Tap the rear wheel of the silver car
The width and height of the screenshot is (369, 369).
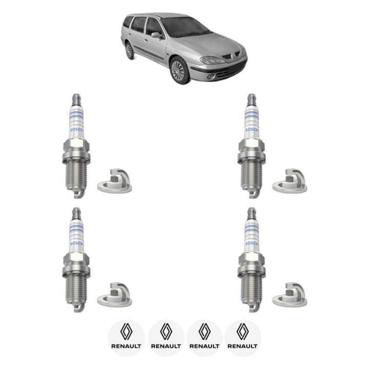point(129,51)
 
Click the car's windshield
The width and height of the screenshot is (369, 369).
point(185,27)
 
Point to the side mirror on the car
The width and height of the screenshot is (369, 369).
point(155,35)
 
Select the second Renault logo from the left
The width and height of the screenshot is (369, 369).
point(166,337)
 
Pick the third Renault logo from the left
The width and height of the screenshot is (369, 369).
point(204,337)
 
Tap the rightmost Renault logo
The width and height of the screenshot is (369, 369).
point(243,337)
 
